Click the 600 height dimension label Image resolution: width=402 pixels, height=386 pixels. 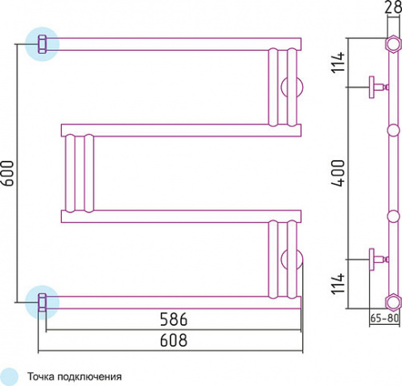(7, 173)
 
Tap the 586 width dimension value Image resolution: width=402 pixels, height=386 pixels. (174, 319)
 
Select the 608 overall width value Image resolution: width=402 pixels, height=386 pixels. (174, 340)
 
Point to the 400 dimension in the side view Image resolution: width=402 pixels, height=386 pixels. (338, 173)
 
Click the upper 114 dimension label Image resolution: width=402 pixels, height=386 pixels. (338, 62)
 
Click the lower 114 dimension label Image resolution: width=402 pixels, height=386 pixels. (338, 283)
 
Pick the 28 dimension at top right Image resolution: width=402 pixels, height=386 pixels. (393, 6)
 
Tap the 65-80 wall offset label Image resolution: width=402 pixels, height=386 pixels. (384, 318)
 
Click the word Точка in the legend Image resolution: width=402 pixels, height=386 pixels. (41, 376)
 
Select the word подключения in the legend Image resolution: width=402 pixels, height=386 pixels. (90, 377)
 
